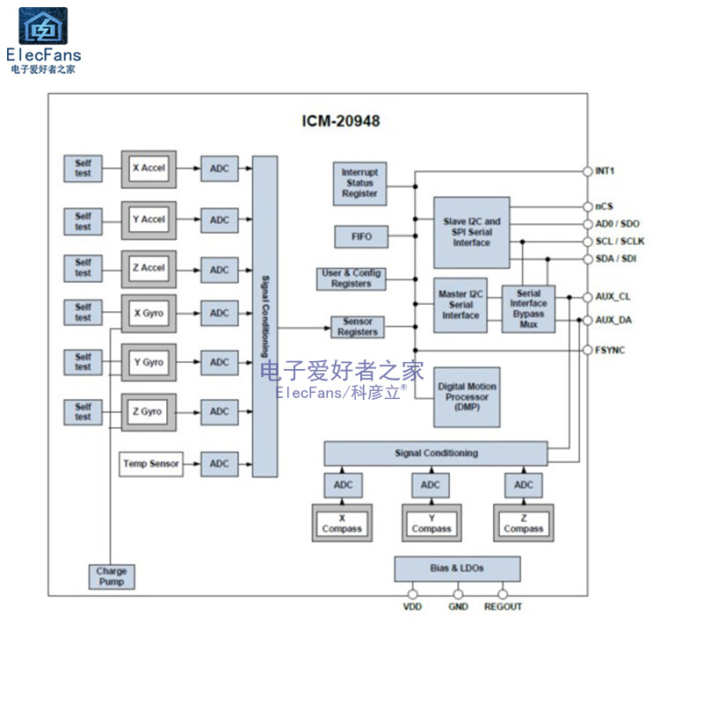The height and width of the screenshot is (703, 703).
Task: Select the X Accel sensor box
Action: pyautogui.click(x=149, y=168)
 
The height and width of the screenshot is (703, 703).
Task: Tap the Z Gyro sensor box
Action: pyautogui.click(x=149, y=411)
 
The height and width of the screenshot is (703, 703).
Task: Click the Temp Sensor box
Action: pyautogui.click(x=151, y=464)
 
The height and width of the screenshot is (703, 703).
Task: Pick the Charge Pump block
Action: pyautogui.click(x=112, y=576)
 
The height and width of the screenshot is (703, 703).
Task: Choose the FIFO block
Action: pyautogui.click(x=360, y=236)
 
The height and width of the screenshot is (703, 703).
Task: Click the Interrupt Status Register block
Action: pyautogui.click(x=359, y=183)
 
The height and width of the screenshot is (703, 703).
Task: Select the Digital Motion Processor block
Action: pyautogui.click(x=467, y=397)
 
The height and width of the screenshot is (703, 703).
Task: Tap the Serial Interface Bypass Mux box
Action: pyautogui.click(x=528, y=308)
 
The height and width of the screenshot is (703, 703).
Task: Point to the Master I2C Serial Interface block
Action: pyautogui.click(x=460, y=304)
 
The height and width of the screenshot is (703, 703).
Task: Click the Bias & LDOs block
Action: pyautogui.click(x=457, y=569)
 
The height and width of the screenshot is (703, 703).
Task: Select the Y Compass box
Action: pyautogui.click(x=431, y=524)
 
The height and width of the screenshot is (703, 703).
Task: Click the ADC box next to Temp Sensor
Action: pyautogui.click(x=219, y=464)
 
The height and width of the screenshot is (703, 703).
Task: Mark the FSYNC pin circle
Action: pyautogui.click(x=588, y=350)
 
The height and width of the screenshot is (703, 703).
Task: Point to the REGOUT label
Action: pyautogui.click(x=503, y=607)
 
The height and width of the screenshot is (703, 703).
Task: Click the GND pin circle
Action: pyautogui.click(x=458, y=594)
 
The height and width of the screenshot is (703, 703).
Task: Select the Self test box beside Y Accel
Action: pyautogui.click(x=83, y=221)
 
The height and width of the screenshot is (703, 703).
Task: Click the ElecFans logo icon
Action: pyautogui.click(x=43, y=26)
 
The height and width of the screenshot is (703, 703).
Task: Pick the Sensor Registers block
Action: pyautogui.click(x=358, y=327)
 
